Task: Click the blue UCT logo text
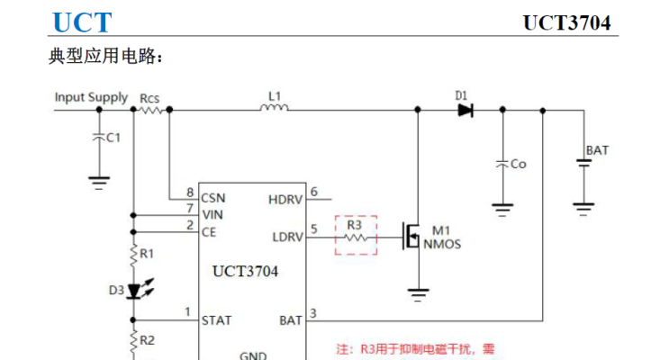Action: (x=82, y=22)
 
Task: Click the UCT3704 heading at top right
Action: (x=566, y=23)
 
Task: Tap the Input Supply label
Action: (x=91, y=97)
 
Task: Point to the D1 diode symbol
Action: (x=465, y=110)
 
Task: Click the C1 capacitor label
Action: (x=113, y=138)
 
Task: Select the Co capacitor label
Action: (x=518, y=164)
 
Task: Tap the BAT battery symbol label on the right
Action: (x=597, y=150)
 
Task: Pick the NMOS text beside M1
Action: (x=442, y=243)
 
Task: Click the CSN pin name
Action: (x=213, y=197)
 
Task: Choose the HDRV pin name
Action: (x=285, y=198)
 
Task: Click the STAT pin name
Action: (x=216, y=319)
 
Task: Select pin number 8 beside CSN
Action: (x=190, y=193)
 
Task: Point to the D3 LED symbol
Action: (x=135, y=291)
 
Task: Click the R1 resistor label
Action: (x=148, y=255)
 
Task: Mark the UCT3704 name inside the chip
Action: (x=245, y=271)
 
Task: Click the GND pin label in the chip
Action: (x=252, y=355)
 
